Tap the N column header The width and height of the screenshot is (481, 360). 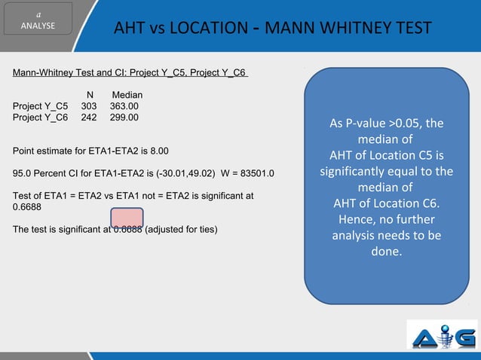tap(90, 95)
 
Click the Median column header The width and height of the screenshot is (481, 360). tap(127, 95)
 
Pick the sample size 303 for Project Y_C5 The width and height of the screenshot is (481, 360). tap(90, 106)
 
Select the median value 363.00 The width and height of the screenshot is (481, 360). tap(124, 106)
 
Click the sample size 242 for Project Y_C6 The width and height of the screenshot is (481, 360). tap(90, 117)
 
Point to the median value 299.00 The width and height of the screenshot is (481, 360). tap(124, 117)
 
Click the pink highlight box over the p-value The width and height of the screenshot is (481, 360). tap(127, 216)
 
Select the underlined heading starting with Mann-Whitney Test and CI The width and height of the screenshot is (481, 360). tap(130, 73)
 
